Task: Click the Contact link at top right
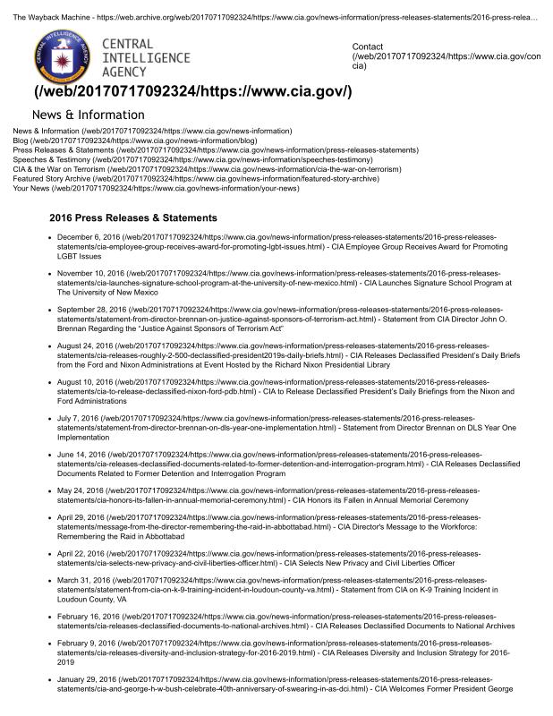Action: (x=367, y=47)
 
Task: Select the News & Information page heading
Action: (x=88, y=115)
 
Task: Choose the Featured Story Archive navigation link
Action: (x=52, y=178)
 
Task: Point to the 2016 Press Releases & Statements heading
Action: (x=133, y=217)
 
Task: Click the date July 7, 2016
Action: (x=78, y=418)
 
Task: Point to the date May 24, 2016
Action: (x=79, y=490)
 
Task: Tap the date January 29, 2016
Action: (x=86, y=679)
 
